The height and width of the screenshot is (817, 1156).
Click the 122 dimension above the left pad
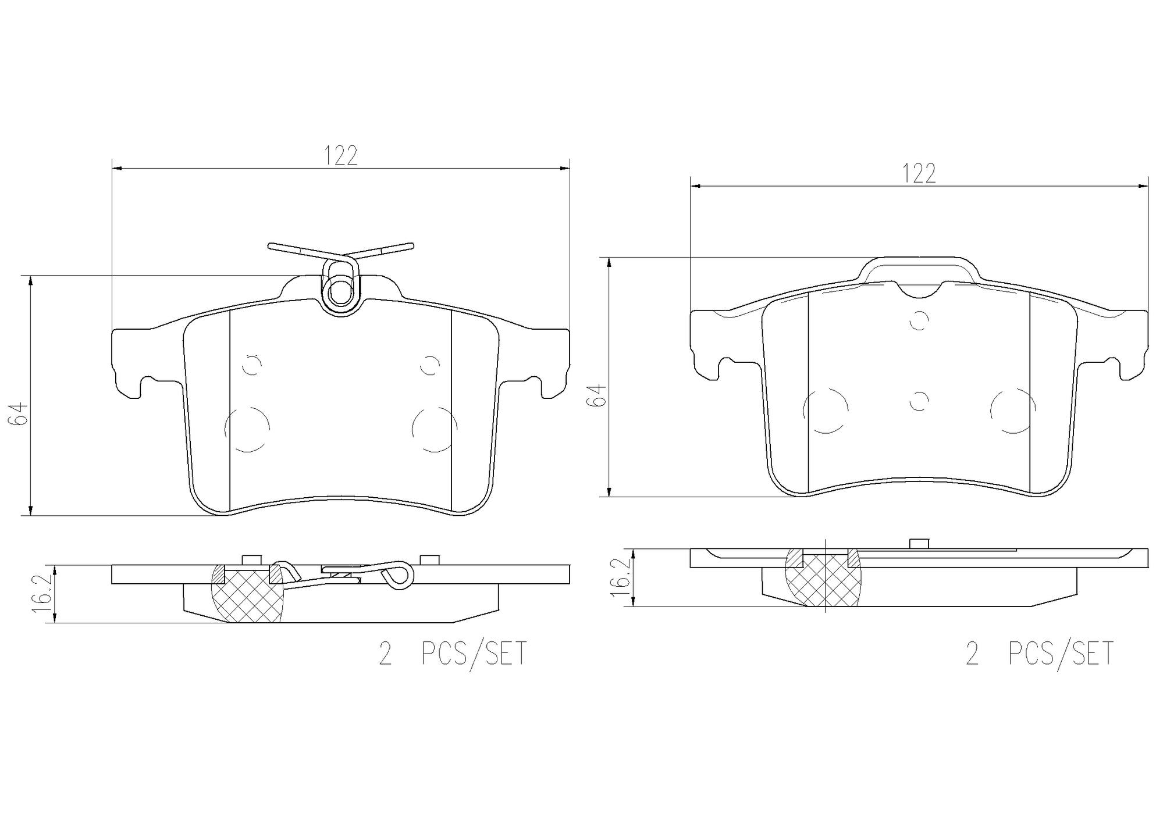(x=340, y=156)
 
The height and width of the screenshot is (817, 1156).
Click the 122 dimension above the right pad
(x=919, y=173)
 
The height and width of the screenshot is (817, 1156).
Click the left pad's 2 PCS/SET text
(x=452, y=653)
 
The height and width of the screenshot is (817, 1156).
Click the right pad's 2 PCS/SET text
(x=1038, y=653)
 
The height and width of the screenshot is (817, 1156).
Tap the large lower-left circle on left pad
(x=247, y=429)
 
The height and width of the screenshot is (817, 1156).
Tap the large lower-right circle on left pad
(x=434, y=429)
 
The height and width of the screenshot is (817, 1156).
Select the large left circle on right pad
(x=825, y=411)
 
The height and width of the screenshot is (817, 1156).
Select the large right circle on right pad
(x=1013, y=411)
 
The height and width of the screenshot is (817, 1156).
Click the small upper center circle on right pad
(x=919, y=320)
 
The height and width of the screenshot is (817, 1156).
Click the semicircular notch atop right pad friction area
(x=919, y=289)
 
